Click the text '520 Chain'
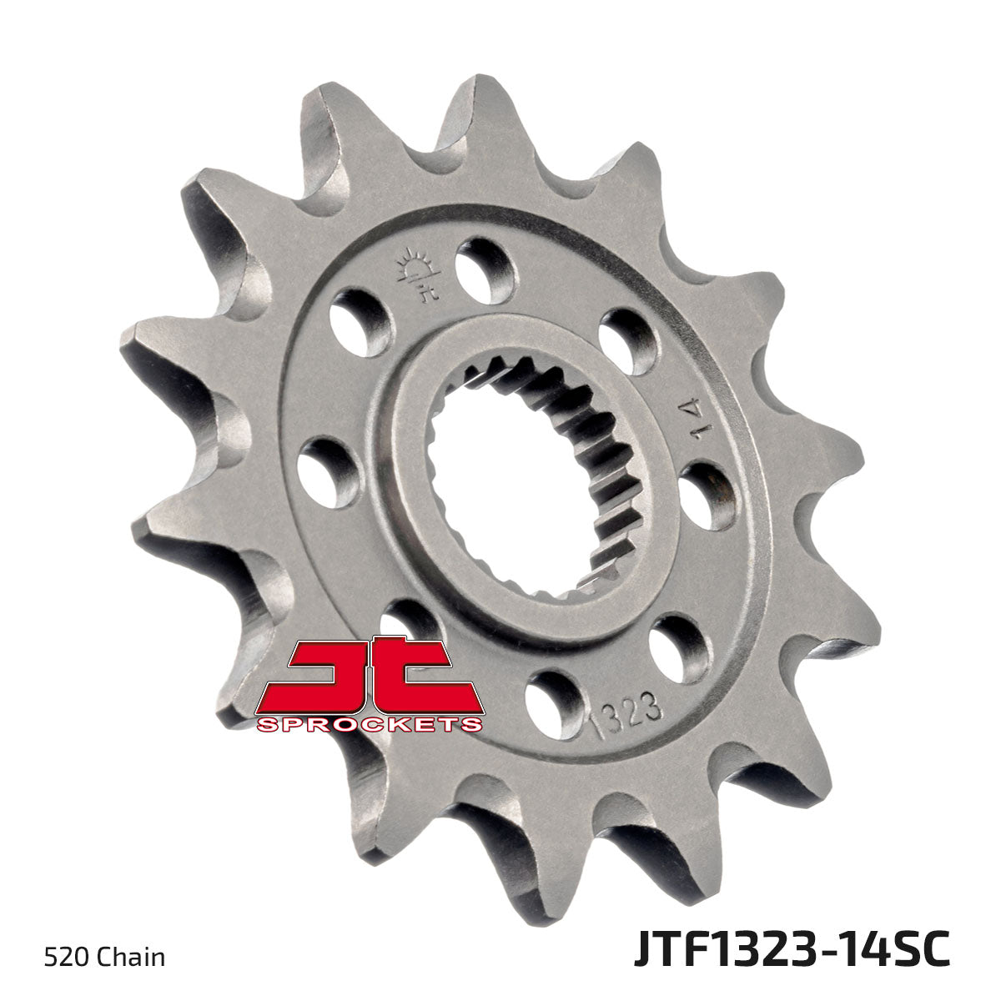[103, 956]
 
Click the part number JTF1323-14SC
[791, 951]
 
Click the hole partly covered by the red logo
[405, 621]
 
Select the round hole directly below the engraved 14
[706, 495]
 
